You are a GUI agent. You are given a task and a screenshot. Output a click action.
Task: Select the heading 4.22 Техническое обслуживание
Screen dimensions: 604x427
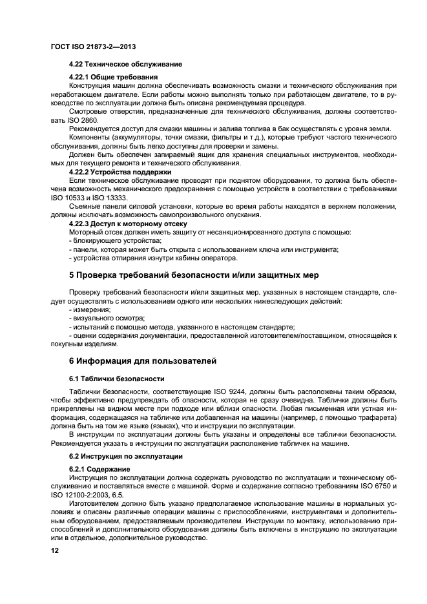point(125,65)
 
